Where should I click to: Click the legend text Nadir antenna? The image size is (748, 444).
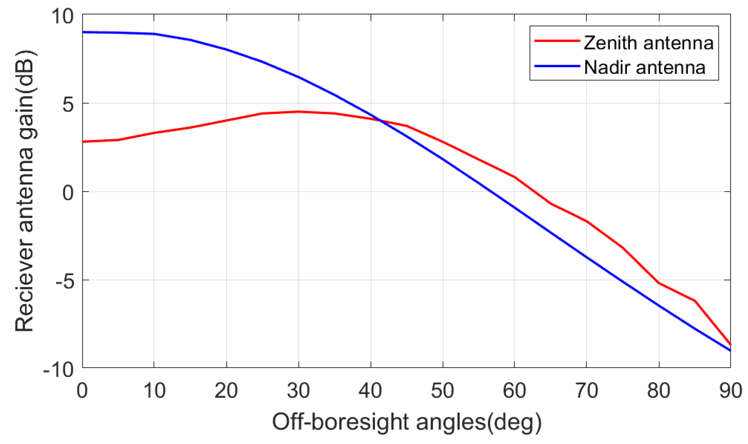tap(645, 67)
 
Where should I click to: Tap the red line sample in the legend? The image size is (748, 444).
tap(557, 40)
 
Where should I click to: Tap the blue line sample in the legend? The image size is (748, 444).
tap(557, 66)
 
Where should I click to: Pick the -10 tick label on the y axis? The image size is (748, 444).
tap(58, 370)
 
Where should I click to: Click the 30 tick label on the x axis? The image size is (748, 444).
tap(298, 391)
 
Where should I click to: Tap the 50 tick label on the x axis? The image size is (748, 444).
tap(443, 391)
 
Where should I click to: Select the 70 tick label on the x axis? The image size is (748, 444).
tap(587, 391)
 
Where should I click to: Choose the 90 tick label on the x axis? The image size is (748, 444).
tap(730, 391)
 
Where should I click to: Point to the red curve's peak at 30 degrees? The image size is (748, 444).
tap(299, 112)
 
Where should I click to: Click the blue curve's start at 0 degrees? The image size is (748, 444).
tap(83, 32)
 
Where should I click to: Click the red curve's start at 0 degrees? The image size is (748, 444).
tap(83, 142)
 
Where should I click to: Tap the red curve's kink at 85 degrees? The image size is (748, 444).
tap(695, 301)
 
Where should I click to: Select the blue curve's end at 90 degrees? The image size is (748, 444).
tap(730, 350)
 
